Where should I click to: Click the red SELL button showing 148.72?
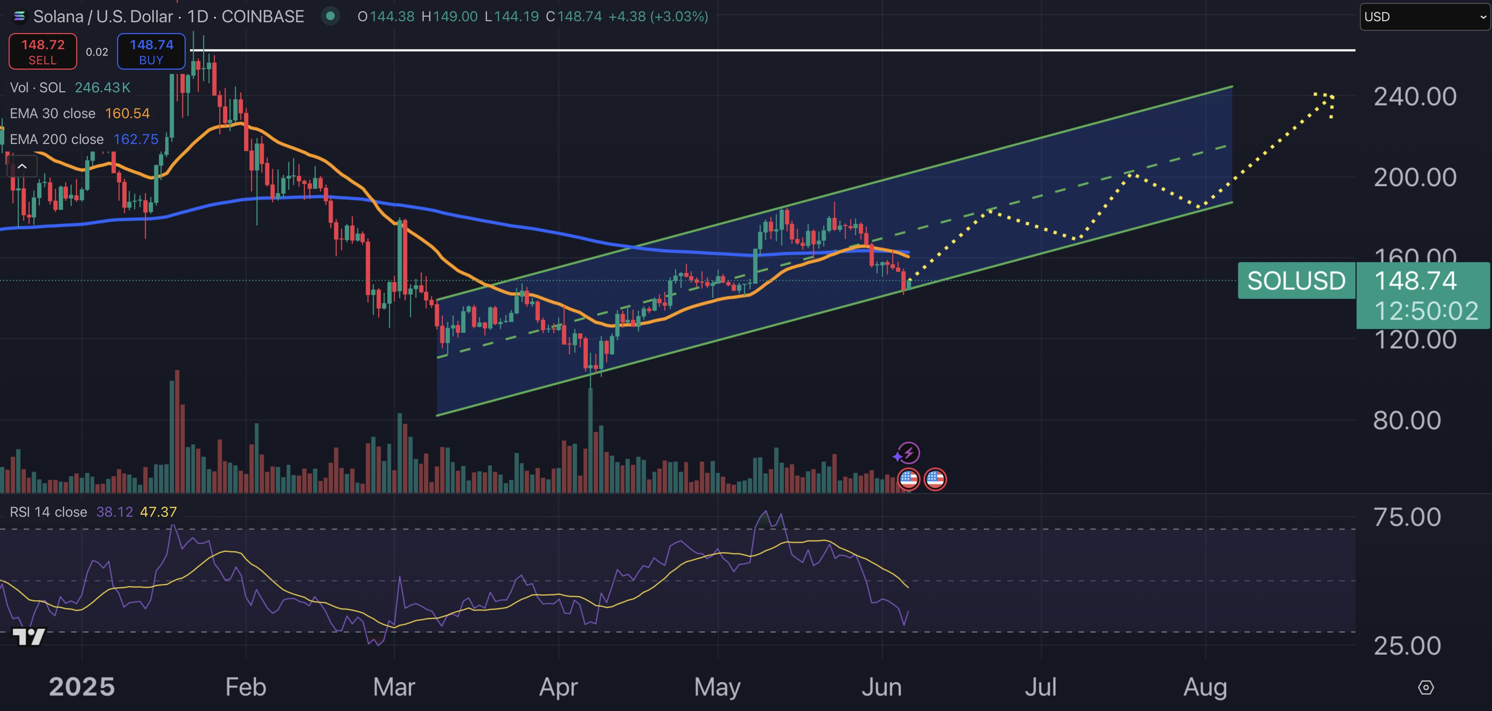(x=42, y=52)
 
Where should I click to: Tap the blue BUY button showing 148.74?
(x=151, y=52)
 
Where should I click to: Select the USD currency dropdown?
(x=1424, y=17)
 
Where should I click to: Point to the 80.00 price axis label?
(x=1407, y=420)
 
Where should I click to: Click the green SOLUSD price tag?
(x=1296, y=281)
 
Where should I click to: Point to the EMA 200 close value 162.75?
(x=135, y=140)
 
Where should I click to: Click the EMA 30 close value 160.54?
(x=128, y=113)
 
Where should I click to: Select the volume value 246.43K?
(x=102, y=87)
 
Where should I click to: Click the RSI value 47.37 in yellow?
(x=158, y=512)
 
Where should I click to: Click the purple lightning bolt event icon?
(x=909, y=453)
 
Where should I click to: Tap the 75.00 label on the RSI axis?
(x=1407, y=517)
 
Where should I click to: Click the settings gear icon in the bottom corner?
(x=1426, y=687)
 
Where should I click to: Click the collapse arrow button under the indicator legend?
(x=22, y=167)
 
